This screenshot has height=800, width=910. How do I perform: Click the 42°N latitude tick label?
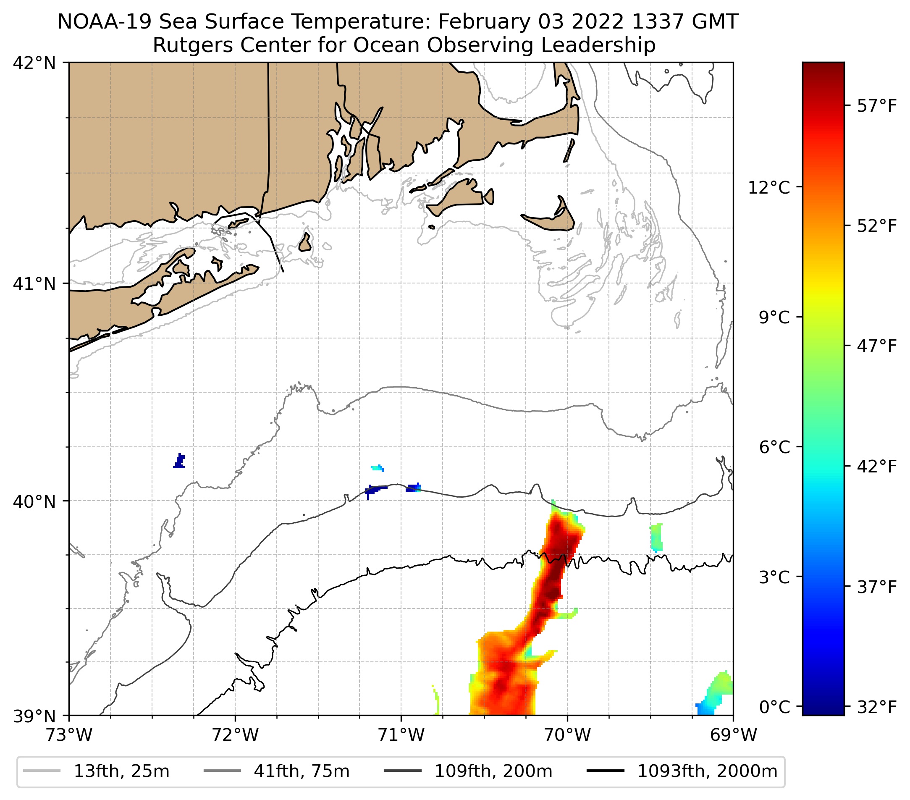(x=34, y=63)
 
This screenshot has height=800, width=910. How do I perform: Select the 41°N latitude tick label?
(x=34, y=283)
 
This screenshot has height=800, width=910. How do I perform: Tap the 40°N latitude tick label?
(x=34, y=502)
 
